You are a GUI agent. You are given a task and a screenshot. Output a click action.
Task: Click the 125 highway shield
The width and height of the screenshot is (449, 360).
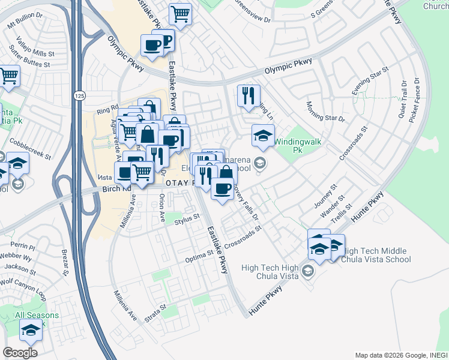click(x=79, y=96)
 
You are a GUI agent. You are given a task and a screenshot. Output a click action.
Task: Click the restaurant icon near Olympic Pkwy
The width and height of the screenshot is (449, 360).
click(x=248, y=95)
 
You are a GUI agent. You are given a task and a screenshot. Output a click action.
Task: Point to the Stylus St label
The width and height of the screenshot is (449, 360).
click(x=187, y=221)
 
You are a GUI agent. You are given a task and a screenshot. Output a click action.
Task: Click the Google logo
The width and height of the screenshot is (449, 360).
click(x=20, y=353)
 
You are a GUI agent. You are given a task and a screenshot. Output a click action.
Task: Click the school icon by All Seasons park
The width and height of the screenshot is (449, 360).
click(x=30, y=329)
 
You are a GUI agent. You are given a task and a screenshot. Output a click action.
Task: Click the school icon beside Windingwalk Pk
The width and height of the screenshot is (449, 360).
click(x=262, y=135)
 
